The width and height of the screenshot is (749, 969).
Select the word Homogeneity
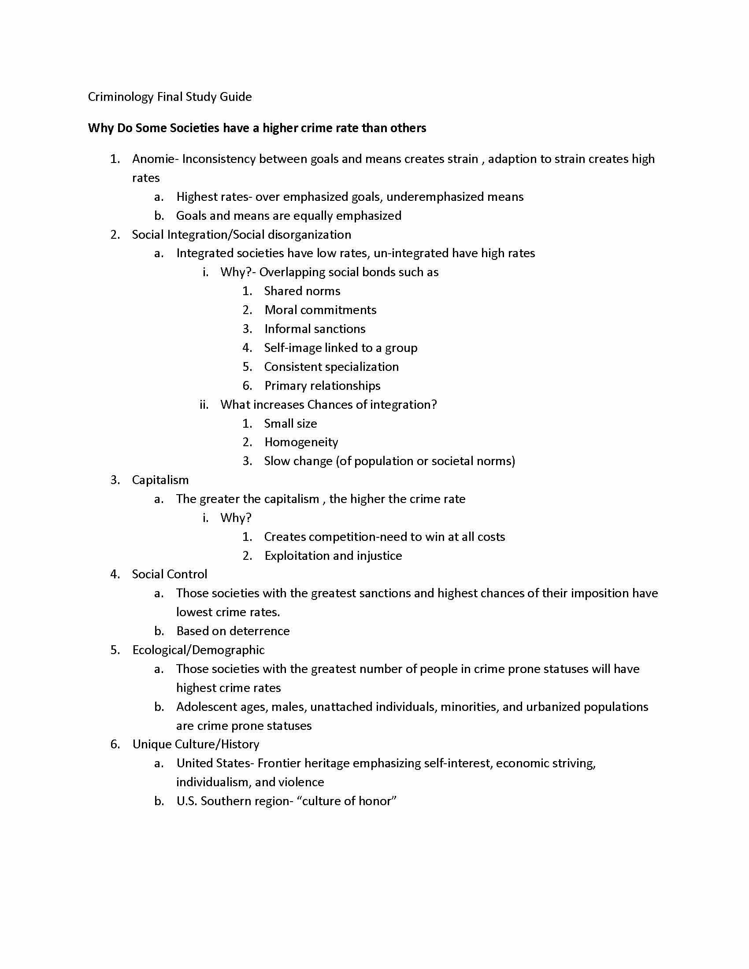pos(301,442)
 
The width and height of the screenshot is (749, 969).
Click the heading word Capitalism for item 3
pos(160,480)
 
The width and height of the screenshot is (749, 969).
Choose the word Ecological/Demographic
pos(198,650)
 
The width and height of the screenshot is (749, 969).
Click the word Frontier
pos(279,763)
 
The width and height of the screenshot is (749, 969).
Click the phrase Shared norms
pos(302,291)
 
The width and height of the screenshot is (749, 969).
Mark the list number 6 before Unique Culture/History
pos(115,744)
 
